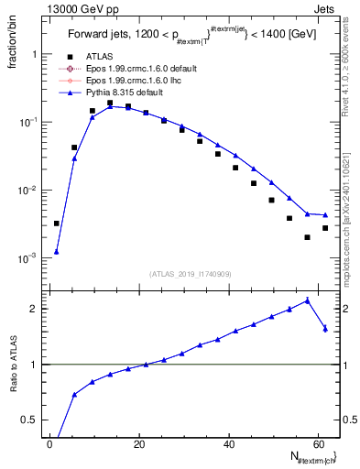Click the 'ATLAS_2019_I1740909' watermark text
pyautogui.click(x=190, y=274)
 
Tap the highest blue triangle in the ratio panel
pyautogui.click(x=307, y=300)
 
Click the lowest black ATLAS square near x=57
pyautogui.click(x=307, y=237)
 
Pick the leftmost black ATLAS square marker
pyautogui.click(x=56, y=223)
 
